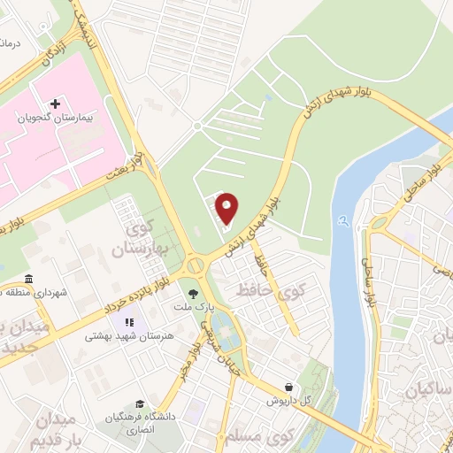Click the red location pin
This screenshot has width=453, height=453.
(x=227, y=207)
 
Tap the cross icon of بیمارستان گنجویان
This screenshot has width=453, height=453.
(x=54, y=104)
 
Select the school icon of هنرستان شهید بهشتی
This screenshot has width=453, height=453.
(x=130, y=323)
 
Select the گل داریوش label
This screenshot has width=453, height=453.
(x=290, y=401)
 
